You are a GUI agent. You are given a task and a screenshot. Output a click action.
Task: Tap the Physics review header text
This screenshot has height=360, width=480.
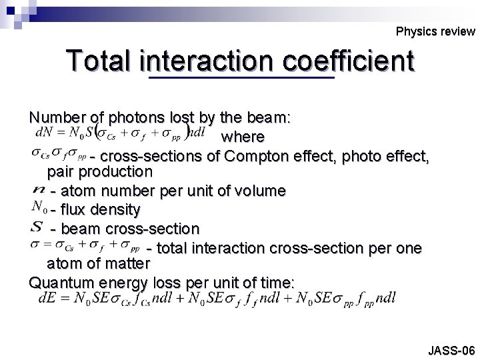click(x=435, y=31)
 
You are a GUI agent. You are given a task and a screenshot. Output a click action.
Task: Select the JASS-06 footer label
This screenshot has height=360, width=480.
click(x=451, y=349)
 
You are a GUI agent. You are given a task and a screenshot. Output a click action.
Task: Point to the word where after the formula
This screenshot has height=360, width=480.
click(x=243, y=137)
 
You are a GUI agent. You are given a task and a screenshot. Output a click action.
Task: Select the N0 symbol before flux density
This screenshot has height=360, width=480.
click(x=39, y=209)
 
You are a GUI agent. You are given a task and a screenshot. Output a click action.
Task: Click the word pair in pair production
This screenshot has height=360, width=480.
click(x=61, y=171)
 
